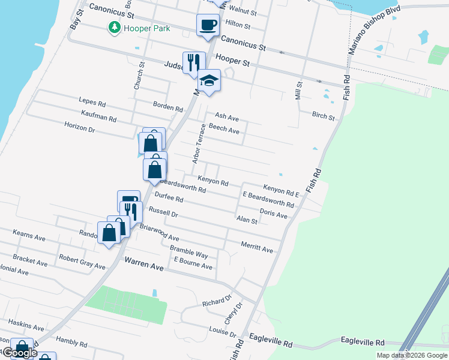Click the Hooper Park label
pyautogui.click(x=146, y=28)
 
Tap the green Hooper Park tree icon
pyautogui.click(x=113, y=28)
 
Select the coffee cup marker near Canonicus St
pyautogui.click(x=208, y=25)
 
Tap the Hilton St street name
pyautogui.click(x=237, y=25)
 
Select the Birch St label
pyautogui.click(x=323, y=116)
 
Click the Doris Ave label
pyautogui.click(x=273, y=214)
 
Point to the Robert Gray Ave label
pyautogui.click(x=82, y=262)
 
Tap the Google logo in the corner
pyautogui.click(x=19, y=353)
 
